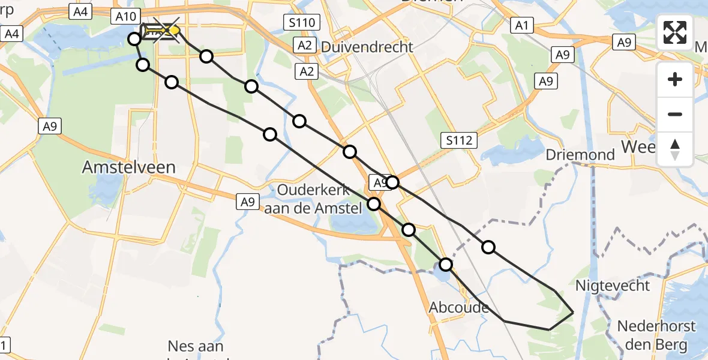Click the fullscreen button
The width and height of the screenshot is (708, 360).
[675, 32]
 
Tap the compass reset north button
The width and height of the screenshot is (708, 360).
[675, 149]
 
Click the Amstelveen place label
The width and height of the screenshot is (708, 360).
[128, 167]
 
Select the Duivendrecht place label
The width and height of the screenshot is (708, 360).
[367, 47]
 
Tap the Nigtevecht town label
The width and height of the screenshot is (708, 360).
[611, 286]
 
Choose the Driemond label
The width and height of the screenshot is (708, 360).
[580, 155]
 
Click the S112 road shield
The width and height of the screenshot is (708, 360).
[460, 140]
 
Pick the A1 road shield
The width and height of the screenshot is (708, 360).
[521, 25]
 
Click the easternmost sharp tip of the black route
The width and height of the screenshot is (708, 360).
[573, 313]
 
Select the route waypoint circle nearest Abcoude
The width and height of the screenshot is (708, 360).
[446, 264]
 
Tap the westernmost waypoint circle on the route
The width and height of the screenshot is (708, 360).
[134, 39]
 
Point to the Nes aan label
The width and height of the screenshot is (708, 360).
[196, 347]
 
